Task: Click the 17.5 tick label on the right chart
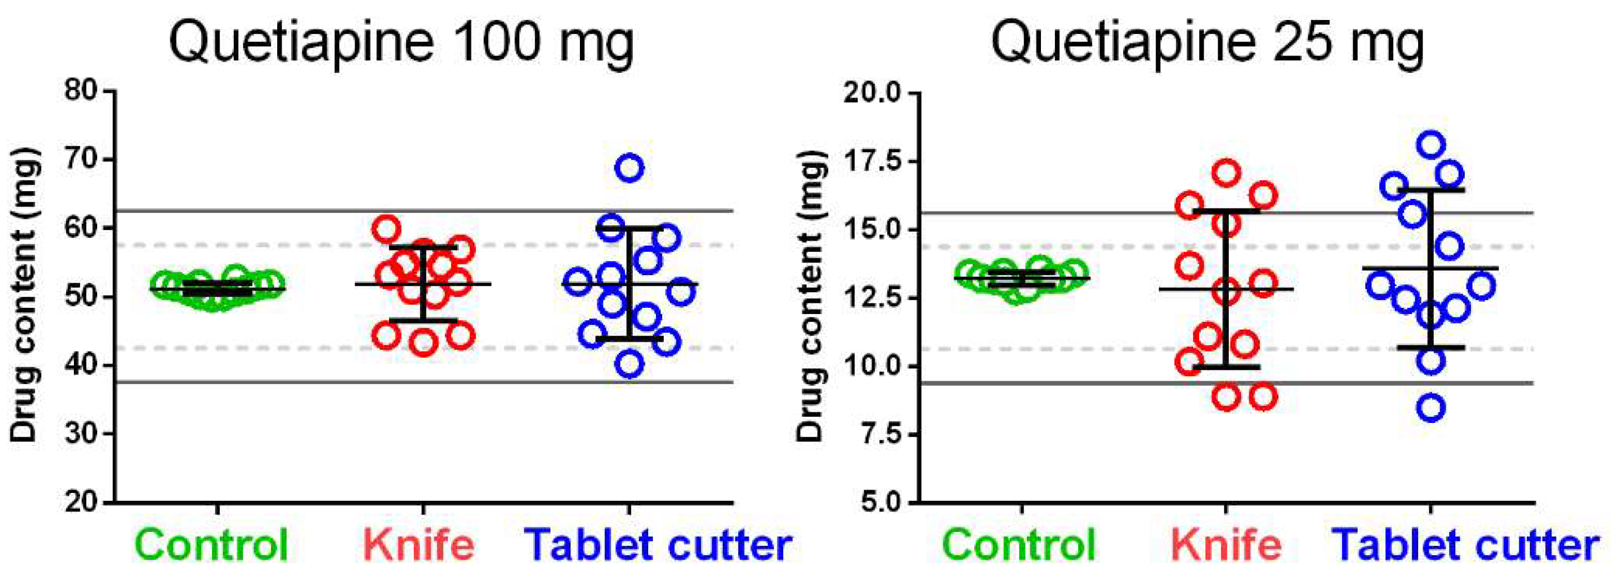pos(870,161)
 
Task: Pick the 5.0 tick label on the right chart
pos(879,502)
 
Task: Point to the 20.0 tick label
pos(870,93)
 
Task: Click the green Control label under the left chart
pos(213,545)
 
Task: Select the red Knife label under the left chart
pos(419,545)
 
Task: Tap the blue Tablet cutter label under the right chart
pos(1465,545)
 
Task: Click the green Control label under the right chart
pos(1020,545)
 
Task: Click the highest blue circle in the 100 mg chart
pos(629,168)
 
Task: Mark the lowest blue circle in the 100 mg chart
pos(629,365)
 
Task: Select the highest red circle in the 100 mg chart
pos(387,229)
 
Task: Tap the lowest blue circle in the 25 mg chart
pos(1432,408)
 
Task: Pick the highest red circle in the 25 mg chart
pos(1226,173)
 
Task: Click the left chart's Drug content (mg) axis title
pos(25,295)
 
